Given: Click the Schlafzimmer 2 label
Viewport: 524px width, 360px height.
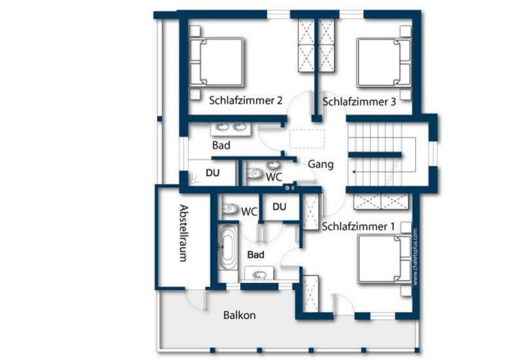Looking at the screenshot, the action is click(x=246, y=100).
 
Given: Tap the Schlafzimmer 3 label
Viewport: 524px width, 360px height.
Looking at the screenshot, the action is click(x=359, y=102).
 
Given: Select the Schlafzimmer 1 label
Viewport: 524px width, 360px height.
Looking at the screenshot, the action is click(x=358, y=226).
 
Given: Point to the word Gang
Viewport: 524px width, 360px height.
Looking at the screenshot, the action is click(x=321, y=165).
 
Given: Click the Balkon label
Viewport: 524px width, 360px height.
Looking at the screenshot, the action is click(x=239, y=315).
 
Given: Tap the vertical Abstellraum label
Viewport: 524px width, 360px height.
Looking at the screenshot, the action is click(x=184, y=233).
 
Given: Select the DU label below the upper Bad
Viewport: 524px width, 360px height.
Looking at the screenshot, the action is click(x=213, y=173).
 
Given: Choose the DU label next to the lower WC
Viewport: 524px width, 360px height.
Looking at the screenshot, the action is click(x=279, y=207).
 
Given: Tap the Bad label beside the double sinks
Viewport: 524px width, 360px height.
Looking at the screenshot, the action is click(x=221, y=145).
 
